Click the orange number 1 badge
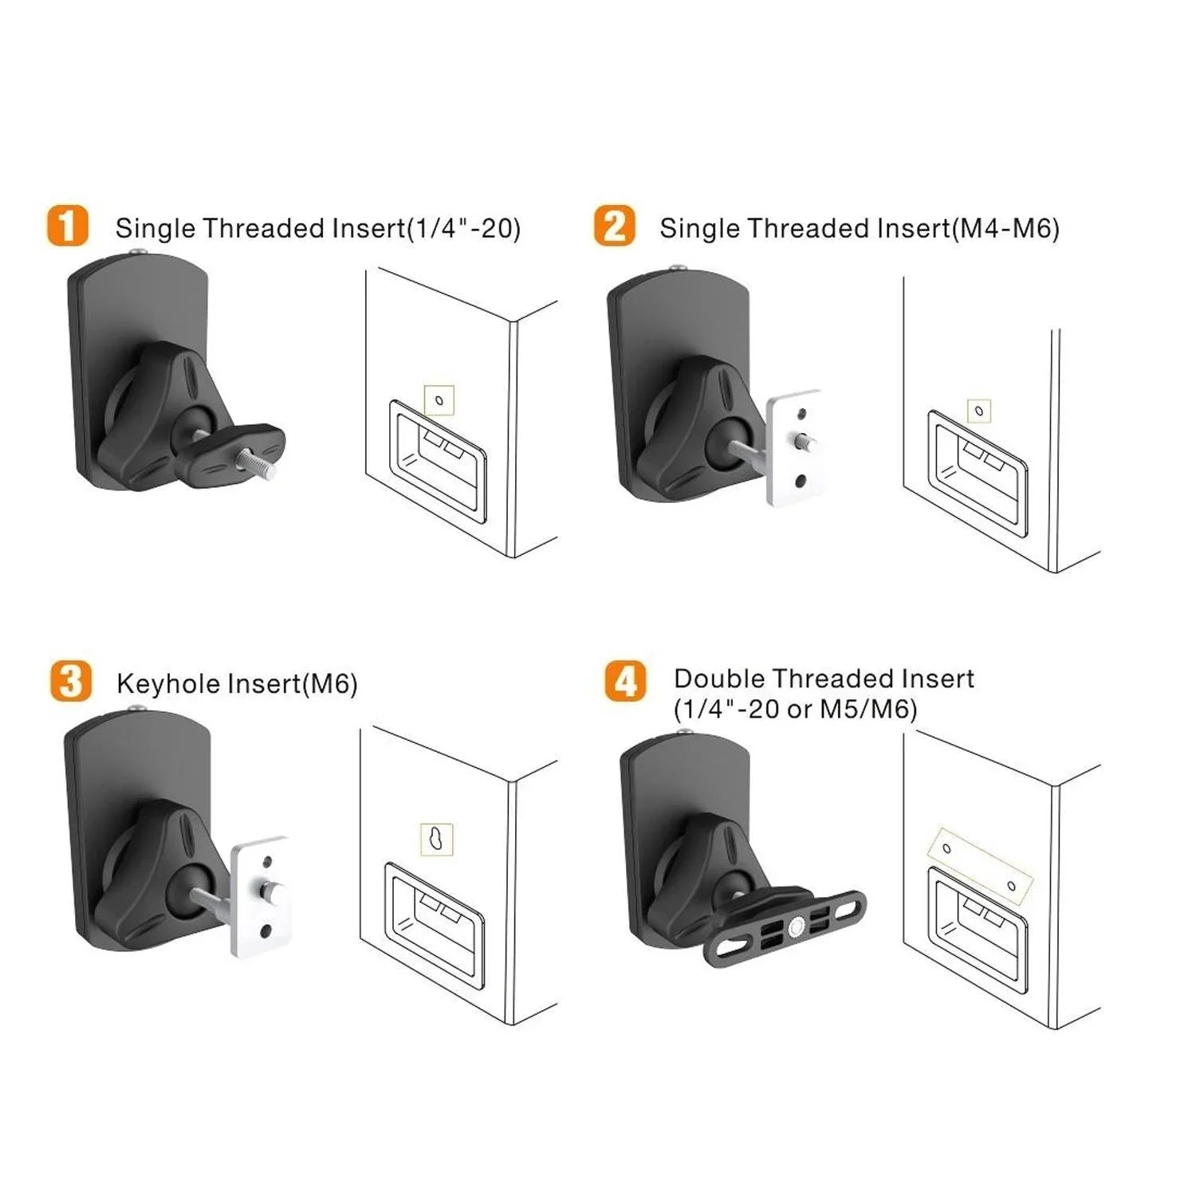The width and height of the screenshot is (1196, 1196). tap(67, 226)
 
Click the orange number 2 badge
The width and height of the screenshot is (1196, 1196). tap(614, 226)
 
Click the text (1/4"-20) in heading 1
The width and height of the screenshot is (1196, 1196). tap(463, 229)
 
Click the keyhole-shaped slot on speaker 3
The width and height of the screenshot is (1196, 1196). tap(436, 839)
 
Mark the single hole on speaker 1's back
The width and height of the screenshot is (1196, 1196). tap(439, 400)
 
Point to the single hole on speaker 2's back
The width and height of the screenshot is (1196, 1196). tap(979, 411)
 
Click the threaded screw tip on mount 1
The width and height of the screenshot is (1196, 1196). tap(266, 466)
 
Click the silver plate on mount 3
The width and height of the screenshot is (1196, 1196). tap(260, 896)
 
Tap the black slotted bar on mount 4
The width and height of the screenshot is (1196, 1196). tap(785, 925)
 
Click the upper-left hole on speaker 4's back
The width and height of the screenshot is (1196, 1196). tap(946, 848)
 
